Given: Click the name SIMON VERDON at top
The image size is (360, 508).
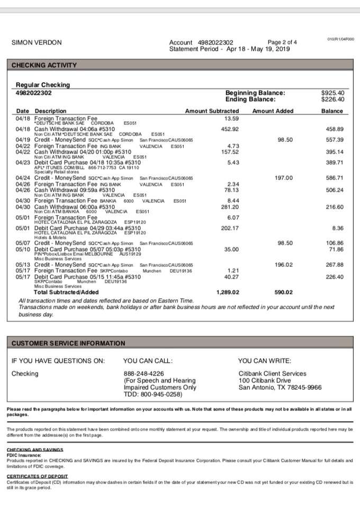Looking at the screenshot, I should point(37,42).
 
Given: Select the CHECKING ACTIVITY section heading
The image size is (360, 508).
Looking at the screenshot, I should point(44,65).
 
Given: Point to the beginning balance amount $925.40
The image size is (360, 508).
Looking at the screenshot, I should point(332,93).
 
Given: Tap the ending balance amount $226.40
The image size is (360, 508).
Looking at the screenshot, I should point(332,99).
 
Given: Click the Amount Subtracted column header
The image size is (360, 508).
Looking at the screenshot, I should point(212,111).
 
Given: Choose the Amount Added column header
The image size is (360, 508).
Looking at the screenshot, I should point(273,111).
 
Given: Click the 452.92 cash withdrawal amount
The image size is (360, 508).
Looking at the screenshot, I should point(230,129).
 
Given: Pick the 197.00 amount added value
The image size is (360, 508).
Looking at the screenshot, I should point(283,177).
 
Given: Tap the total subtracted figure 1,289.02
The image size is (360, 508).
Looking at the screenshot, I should point(228,292).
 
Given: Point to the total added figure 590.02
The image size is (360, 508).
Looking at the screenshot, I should point(283,292).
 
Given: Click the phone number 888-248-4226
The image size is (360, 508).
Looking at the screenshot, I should point(143,373).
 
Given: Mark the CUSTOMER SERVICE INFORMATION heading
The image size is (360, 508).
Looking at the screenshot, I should point(69,343).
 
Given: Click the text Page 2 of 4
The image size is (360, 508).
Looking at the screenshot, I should point(283,42).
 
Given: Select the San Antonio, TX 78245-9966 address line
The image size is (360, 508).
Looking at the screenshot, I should point(280,387).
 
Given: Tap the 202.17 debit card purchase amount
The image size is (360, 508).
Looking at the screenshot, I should point(230,228).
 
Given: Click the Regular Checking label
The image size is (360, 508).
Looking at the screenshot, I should point(43,85).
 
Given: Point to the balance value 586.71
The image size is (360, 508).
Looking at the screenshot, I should point(335,177).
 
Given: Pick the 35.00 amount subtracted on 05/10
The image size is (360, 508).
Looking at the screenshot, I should point(231,249).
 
